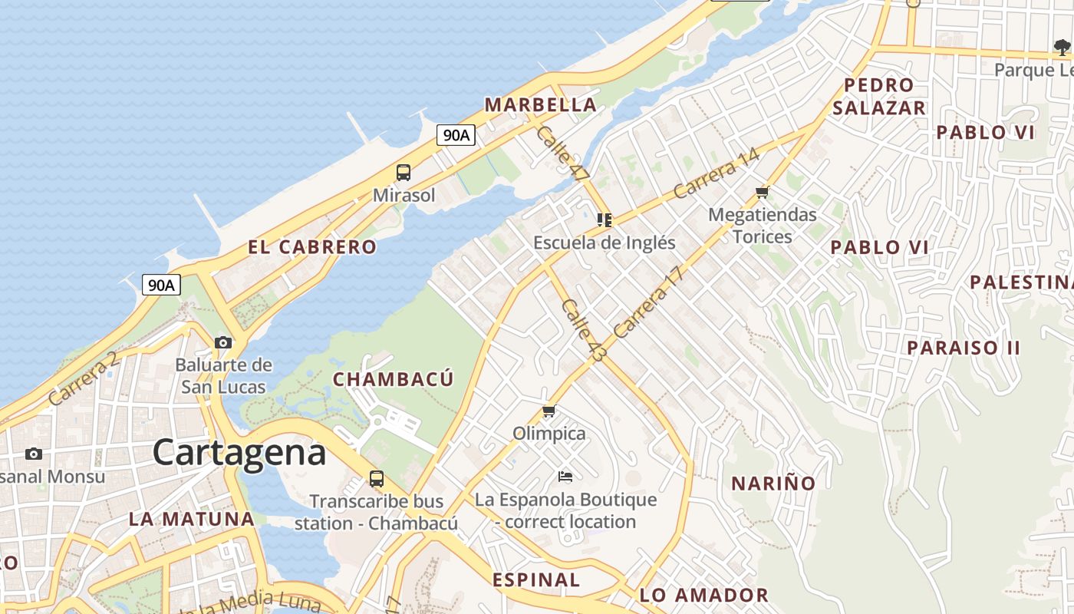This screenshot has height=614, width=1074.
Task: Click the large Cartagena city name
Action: pyautogui.click(x=239, y=453)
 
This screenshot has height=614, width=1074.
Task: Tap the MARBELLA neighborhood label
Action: pyautogui.click(x=540, y=105)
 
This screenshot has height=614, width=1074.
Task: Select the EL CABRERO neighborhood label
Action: pyautogui.click(x=312, y=247)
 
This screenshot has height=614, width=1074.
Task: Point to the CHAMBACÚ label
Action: pyautogui.click(x=393, y=379)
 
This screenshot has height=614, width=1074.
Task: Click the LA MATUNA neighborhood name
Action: pyautogui.click(x=192, y=519)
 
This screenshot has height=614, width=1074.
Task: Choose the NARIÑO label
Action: pyautogui.click(x=773, y=484)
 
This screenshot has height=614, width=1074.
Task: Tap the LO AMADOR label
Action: pyautogui.click(x=703, y=595)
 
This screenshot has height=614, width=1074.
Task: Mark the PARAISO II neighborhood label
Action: pyautogui.click(x=964, y=348)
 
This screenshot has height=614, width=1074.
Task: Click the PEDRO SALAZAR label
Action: pyautogui.click(x=879, y=97)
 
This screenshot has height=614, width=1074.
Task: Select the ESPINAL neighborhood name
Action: pyautogui.click(x=536, y=579)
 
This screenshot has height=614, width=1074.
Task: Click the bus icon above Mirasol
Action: pyautogui.click(x=404, y=173)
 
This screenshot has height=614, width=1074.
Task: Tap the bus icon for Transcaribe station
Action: pyautogui.click(x=377, y=479)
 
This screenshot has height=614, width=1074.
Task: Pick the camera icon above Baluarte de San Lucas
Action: pyautogui.click(x=223, y=342)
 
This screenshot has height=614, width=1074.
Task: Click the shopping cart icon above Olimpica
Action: pyautogui.click(x=549, y=411)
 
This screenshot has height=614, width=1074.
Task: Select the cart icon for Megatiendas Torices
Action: pyautogui.click(x=762, y=192)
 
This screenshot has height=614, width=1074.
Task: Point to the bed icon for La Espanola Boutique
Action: pyautogui.click(x=565, y=477)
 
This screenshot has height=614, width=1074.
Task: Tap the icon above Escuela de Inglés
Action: pyautogui.click(x=605, y=220)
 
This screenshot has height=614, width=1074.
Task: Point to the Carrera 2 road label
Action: pyautogui.click(x=84, y=378)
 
